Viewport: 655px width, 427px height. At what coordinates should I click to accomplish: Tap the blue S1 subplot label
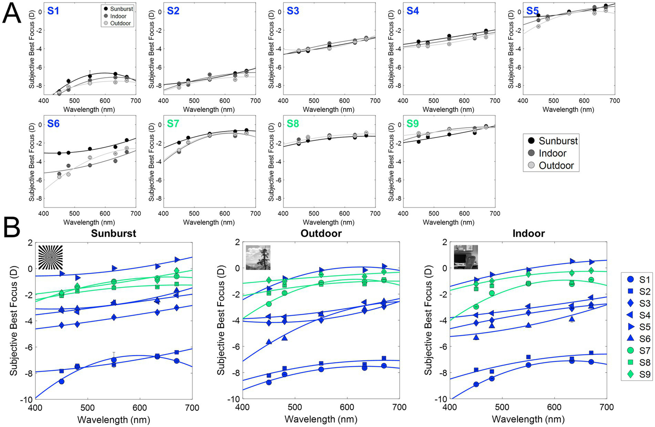(x=53, y=11)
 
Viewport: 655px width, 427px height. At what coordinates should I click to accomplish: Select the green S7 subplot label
(x=173, y=123)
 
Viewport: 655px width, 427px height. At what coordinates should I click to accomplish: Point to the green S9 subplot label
(x=413, y=123)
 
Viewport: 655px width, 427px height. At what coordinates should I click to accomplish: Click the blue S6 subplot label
(x=53, y=123)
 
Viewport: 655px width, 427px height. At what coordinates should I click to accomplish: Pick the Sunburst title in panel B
(x=114, y=233)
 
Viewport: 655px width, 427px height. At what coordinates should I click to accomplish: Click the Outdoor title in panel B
(x=321, y=233)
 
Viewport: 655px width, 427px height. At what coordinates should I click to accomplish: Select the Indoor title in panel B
(x=528, y=233)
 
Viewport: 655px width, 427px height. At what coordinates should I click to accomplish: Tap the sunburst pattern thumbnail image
(x=50, y=257)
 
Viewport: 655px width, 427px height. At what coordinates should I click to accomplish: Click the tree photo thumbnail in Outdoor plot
(x=258, y=257)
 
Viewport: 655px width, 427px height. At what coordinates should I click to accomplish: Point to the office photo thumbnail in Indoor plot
(x=466, y=257)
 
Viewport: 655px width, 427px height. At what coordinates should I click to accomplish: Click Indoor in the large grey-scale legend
(x=552, y=153)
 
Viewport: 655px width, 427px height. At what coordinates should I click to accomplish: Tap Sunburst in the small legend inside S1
(x=121, y=9)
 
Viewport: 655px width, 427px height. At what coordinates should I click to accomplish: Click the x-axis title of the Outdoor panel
(x=321, y=420)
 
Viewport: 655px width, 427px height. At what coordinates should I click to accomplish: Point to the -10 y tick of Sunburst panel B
(x=26, y=399)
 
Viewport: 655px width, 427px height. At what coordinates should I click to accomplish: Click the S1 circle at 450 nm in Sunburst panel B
(x=61, y=381)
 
